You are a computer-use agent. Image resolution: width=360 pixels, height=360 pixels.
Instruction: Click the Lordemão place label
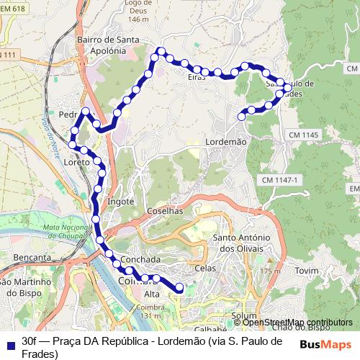coord(226,143)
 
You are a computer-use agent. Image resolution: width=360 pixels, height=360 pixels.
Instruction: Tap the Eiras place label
coord(196,76)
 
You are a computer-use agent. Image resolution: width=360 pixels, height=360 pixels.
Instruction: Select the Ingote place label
coord(120,202)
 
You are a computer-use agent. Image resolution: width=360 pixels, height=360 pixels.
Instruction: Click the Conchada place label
coord(141,258)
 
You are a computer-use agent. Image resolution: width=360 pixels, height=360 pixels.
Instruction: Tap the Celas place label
coord(205,268)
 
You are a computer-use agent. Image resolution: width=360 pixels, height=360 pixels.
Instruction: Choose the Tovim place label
coord(307,270)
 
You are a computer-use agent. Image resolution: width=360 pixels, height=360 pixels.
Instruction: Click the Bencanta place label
coord(32,256)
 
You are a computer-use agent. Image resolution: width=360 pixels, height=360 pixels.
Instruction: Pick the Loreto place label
coord(76,163)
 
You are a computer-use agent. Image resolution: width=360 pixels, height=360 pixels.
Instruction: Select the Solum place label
coord(245,316)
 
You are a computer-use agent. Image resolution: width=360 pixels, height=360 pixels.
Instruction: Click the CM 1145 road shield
coord(303,135)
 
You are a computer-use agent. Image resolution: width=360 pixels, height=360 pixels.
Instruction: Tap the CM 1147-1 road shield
coord(279,179)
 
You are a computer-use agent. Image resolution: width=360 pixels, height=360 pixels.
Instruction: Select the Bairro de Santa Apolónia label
coord(114,45)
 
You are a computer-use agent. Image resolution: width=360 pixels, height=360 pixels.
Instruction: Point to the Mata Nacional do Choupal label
coord(71,232)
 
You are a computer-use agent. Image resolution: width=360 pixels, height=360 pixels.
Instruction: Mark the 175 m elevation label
coord(270,271)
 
